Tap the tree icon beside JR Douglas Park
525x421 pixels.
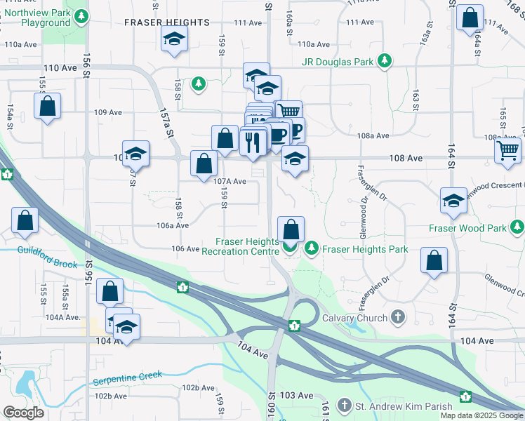(385, 62)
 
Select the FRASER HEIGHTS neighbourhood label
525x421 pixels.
(167, 22)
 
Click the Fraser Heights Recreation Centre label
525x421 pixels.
(243, 246)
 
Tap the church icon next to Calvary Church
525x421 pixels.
(399, 317)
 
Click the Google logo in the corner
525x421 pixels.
(23, 413)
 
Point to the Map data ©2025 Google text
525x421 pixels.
(481, 415)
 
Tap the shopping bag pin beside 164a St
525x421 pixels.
(470, 18)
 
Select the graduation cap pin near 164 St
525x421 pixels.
(454, 201)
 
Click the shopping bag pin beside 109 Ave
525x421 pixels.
(47, 107)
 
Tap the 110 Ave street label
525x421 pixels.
(60, 69)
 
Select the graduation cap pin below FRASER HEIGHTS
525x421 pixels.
(173, 40)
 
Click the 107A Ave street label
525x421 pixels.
(230, 181)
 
